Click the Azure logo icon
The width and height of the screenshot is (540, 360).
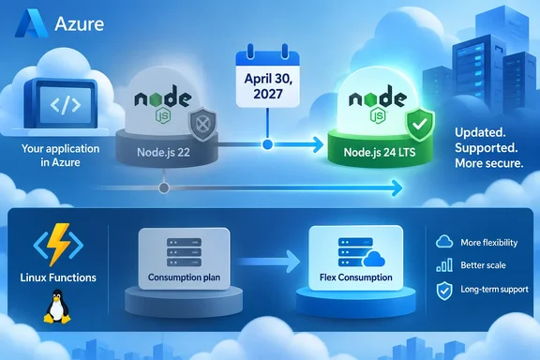pyautogui.click(x=31, y=23)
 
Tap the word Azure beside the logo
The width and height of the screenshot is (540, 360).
pyautogui.click(x=79, y=24)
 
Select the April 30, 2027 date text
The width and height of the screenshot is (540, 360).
pyautogui.click(x=268, y=86)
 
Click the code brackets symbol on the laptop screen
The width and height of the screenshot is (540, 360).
pyautogui.click(x=66, y=105)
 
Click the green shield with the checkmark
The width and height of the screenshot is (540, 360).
pyautogui.click(x=420, y=125)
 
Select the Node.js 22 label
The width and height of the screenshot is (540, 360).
pyautogui.click(x=163, y=152)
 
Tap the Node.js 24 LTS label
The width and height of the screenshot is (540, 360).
pyautogui.click(x=380, y=152)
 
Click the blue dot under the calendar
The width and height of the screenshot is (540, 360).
pyautogui.click(x=267, y=144)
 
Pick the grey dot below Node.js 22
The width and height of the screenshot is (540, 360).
pyautogui.click(x=164, y=188)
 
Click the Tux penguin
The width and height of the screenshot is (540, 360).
pyautogui.click(x=57, y=307)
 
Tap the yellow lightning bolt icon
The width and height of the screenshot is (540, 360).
pyautogui.click(x=58, y=245)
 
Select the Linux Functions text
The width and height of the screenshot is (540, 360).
pyautogui.click(x=58, y=277)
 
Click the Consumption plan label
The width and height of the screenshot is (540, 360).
pyautogui.click(x=184, y=277)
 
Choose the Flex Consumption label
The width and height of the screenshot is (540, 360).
pyautogui.click(x=355, y=277)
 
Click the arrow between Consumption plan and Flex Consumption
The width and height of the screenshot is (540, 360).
pyautogui.click(x=268, y=262)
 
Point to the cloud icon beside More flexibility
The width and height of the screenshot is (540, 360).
pyautogui.click(x=444, y=242)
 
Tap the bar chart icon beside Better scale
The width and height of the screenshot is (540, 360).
pyautogui.click(x=444, y=265)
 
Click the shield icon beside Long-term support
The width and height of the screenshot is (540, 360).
pyautogui.click(x=444, y=291)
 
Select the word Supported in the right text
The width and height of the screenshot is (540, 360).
pyautogui.click(x=486, y=148)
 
